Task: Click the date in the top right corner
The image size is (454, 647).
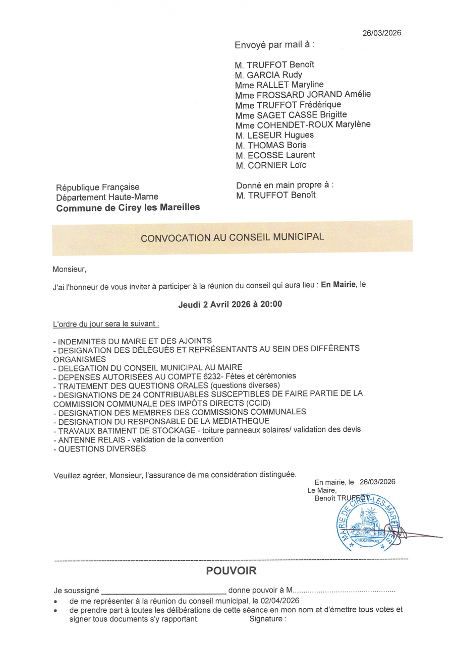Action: (x=382, y=33)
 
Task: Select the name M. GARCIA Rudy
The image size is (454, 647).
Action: (x=268, y=75)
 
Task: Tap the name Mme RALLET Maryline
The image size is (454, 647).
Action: (x=279, y=85)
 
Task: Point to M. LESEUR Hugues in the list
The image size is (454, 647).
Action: (x=274, y=135)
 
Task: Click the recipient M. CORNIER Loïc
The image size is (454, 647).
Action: (x=270, y=165)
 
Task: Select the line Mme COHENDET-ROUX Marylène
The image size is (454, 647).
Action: (x=303, y=125)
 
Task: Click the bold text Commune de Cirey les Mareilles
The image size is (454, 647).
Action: (x=128, y=207)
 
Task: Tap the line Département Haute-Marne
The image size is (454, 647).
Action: (x=107, y=197)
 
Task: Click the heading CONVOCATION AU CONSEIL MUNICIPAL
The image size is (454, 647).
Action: (x=232, y=237)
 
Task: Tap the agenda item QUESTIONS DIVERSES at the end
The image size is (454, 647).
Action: (x=102, y=448)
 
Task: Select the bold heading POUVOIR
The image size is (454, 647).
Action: (x=231, y=571)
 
